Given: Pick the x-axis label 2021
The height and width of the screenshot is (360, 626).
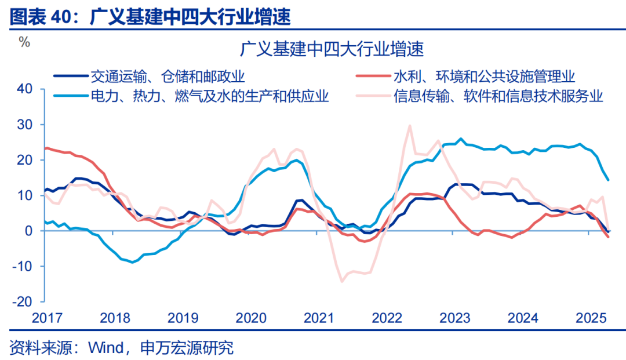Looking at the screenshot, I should click(319, 318).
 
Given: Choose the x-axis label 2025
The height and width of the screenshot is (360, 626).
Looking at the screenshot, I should click(591, 318).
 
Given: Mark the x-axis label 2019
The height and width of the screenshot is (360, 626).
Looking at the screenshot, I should click(183, 318).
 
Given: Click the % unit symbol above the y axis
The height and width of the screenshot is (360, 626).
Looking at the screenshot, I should click(24, 42).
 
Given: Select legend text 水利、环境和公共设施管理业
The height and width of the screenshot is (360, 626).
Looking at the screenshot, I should click(484, 76).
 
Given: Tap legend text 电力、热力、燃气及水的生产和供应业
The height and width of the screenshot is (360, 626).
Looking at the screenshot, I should click(209, 96).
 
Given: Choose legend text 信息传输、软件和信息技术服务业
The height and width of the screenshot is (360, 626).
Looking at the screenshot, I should click(498, 96).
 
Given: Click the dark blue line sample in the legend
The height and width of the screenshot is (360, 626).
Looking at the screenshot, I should click(70, 76).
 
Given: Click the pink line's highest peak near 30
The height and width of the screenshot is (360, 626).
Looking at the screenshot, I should click(410, 125).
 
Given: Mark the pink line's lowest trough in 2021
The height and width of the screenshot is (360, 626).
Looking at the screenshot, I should click(342, 282).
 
